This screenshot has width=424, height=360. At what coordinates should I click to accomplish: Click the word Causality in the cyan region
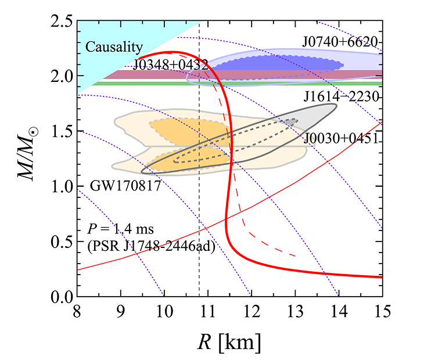point(114,48)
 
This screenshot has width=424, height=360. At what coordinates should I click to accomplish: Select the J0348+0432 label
point(170,64)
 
